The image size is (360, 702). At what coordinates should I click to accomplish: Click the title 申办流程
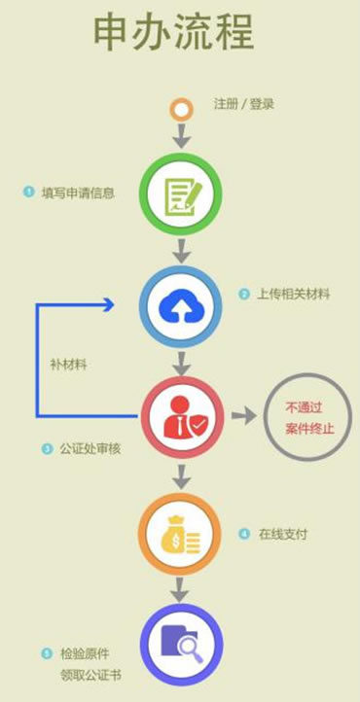[174, 35]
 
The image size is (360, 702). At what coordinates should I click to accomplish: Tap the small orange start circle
[180, 108]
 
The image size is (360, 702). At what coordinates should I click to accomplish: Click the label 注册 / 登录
[243, 103]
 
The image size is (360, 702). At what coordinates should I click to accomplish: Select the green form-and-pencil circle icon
[181, 194]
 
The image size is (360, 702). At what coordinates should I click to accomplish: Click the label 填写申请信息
[78, 193]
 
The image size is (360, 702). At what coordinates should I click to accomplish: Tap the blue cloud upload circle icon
[181, 307]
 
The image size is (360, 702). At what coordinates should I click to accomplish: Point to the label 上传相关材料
[293, 295]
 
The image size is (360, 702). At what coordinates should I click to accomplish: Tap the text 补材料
[69, 365]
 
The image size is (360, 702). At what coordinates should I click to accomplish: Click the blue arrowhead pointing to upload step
[107, 304]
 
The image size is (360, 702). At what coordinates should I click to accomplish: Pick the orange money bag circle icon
[181, 533]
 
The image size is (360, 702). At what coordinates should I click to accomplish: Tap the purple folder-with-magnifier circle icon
[181, 644]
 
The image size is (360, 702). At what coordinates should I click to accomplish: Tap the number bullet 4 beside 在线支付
[244, 534]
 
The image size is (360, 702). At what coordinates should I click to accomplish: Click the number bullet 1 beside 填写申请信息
[28, 193]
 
